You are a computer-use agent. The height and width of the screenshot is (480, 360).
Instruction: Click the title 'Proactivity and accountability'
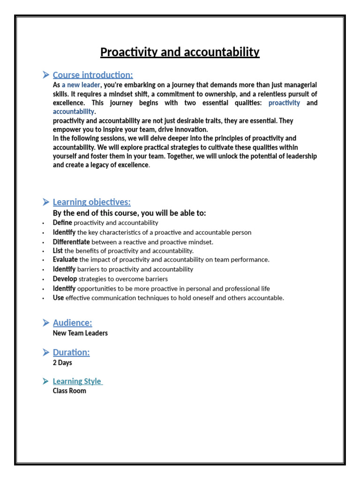(x=180, y=52)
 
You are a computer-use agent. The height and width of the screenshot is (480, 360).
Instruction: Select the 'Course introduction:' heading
(x=93, y=75)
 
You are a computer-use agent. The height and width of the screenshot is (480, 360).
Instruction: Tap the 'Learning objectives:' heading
(x=91, y=202)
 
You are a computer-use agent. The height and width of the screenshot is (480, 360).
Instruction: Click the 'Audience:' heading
(x=72, y=322)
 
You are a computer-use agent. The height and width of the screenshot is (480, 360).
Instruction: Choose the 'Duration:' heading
(x=71, y=352)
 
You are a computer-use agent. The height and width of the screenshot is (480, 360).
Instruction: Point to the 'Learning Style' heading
(x=77, y=381)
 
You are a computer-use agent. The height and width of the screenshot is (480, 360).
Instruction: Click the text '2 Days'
(x=62, y=363)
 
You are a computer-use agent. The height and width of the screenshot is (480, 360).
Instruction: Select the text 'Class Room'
(x=69, y=391)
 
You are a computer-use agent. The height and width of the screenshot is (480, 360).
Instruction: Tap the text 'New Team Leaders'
(x=80, y=333)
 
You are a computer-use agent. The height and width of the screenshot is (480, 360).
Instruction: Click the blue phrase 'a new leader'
(x=81, y=85)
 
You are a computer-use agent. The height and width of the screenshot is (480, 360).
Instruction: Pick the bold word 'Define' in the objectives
(x=62, y=223)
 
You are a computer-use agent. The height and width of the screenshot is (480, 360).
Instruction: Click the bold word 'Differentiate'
(x=71, y=242)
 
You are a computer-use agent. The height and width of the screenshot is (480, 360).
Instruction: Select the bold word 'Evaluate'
(x=65, y=259)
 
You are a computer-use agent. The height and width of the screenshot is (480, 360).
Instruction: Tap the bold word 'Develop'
(x=64, y=279)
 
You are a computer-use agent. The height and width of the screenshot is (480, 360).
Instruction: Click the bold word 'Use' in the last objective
(x=58, y=298)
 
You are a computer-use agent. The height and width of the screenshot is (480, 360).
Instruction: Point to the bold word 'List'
(x=58, y=251)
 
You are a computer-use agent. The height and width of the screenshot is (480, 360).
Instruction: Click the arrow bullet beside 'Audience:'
(x=45, y=322)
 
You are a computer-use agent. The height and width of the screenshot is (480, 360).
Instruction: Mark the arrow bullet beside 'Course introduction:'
(x=45, y=75)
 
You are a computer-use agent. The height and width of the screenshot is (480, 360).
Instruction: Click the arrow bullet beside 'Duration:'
(x=45, y=352)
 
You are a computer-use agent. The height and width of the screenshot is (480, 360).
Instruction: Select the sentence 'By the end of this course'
(x=129, y=213)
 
